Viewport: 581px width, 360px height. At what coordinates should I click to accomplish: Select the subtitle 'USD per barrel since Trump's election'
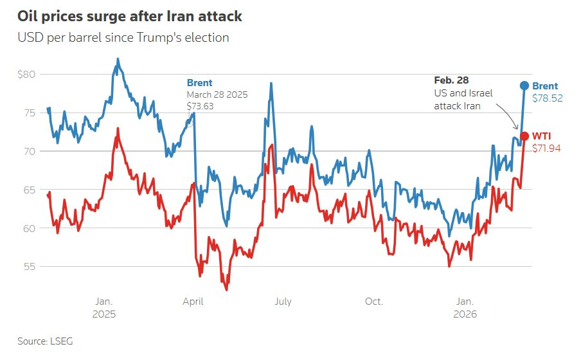(123, 37)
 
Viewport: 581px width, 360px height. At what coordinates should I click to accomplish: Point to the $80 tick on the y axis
(28, 75)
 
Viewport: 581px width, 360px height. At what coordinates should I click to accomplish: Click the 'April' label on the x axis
(193, 301)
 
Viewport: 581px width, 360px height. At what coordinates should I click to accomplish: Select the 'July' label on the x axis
(283, 301)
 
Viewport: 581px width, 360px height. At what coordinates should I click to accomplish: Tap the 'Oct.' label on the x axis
(373, 301)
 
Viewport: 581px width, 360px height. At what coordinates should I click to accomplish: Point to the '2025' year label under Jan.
(104, 315)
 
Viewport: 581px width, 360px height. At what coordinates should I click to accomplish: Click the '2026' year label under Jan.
(465, 315)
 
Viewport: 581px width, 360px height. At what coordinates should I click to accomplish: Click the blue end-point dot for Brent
(524, 85)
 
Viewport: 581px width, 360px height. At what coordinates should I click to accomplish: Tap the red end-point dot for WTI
(524, 136)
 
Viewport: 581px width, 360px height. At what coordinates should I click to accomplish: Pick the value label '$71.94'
(546, 148)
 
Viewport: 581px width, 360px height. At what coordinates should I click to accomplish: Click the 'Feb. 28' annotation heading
(452, 80)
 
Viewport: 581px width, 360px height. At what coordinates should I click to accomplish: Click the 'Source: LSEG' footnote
(45, 341)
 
